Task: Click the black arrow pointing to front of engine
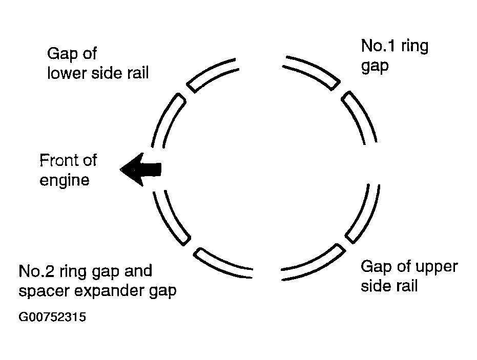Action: click(140, 170)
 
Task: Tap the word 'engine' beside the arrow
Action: click(65, 180)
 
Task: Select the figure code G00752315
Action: click(52, 317)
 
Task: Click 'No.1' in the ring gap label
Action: click(379, 46)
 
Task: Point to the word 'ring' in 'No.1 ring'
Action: click(414, 47)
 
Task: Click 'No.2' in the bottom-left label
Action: click(37, 271)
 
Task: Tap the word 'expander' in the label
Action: click(110, 291)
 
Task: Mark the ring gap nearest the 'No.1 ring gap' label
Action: click(341, 87)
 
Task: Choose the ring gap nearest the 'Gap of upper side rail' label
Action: click(345, 243)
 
